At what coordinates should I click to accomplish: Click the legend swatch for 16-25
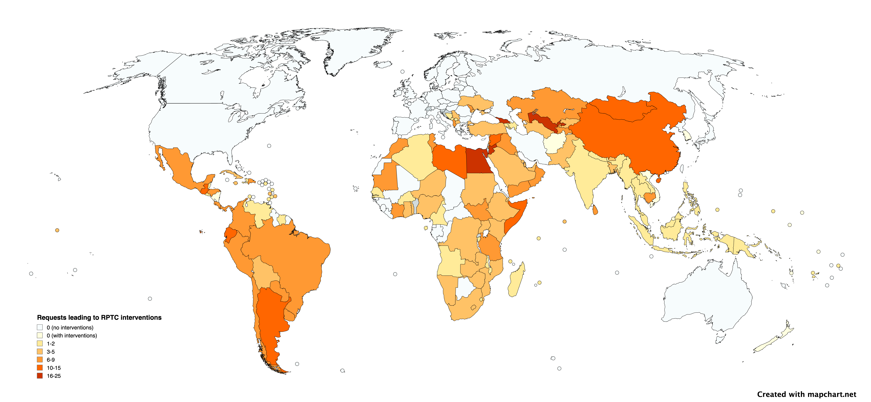pyautogui.click(x=40, y=376)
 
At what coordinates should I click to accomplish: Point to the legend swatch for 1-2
pyautogui.click(x=40, y=343)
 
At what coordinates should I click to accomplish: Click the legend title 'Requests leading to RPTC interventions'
pyautogui.click(x=99, y=317)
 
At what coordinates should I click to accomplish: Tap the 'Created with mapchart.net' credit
pyautogui.click(x=806, y=394)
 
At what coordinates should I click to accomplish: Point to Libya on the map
pyautogui.click(x=450, y=159)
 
